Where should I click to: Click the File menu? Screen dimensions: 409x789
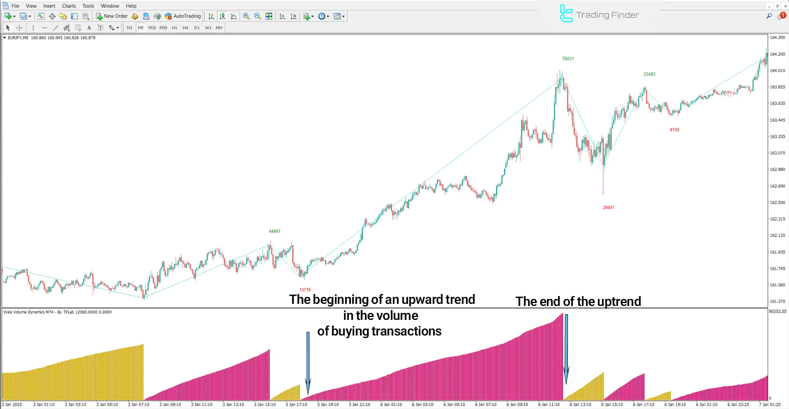pyautogui.click(x=15, y=6)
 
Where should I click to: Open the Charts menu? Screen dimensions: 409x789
pyautogui.click(x=69, y=6)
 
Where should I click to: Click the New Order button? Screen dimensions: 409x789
pyautogui.click(x=112, y=16)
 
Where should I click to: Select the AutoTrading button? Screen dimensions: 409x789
pyautogui.click(x=183, y=16)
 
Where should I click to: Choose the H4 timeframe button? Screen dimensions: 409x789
pyautogui.click(x=185, y=28)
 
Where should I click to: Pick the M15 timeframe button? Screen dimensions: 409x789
pyautogui.click(x=152, y=28)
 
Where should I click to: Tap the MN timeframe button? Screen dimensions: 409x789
pyautogui.click(x=219, y=28)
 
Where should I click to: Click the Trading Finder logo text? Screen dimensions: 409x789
pyautogui.click(x=607, y=15)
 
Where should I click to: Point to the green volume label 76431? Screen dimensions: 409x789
pyautogui.click(x=568, y=59)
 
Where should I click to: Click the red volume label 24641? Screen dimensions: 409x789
pyautogui.click(x=609, y=207)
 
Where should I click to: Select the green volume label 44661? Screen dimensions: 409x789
pyautogui.click(x=275, y=231)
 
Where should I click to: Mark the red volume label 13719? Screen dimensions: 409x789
pyautogui.click(x=305, y=290)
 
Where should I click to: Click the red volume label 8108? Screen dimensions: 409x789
pyautogui.click(x=674, y=130)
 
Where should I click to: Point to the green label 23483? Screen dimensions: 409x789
pyautogui.click(x=649, y=74)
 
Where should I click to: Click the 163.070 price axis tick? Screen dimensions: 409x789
pyautogui.click(x=777, y=153)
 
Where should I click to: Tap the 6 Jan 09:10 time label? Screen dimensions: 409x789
pyautogui.click(x=517, y=404)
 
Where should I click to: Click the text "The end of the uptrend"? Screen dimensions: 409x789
pyautogui.click(x=578, y=301)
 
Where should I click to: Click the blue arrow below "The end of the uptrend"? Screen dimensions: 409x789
pyautogui.click(x=566, y=349)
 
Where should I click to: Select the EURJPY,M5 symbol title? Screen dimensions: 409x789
pyautogui.click(x=18, y=38)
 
